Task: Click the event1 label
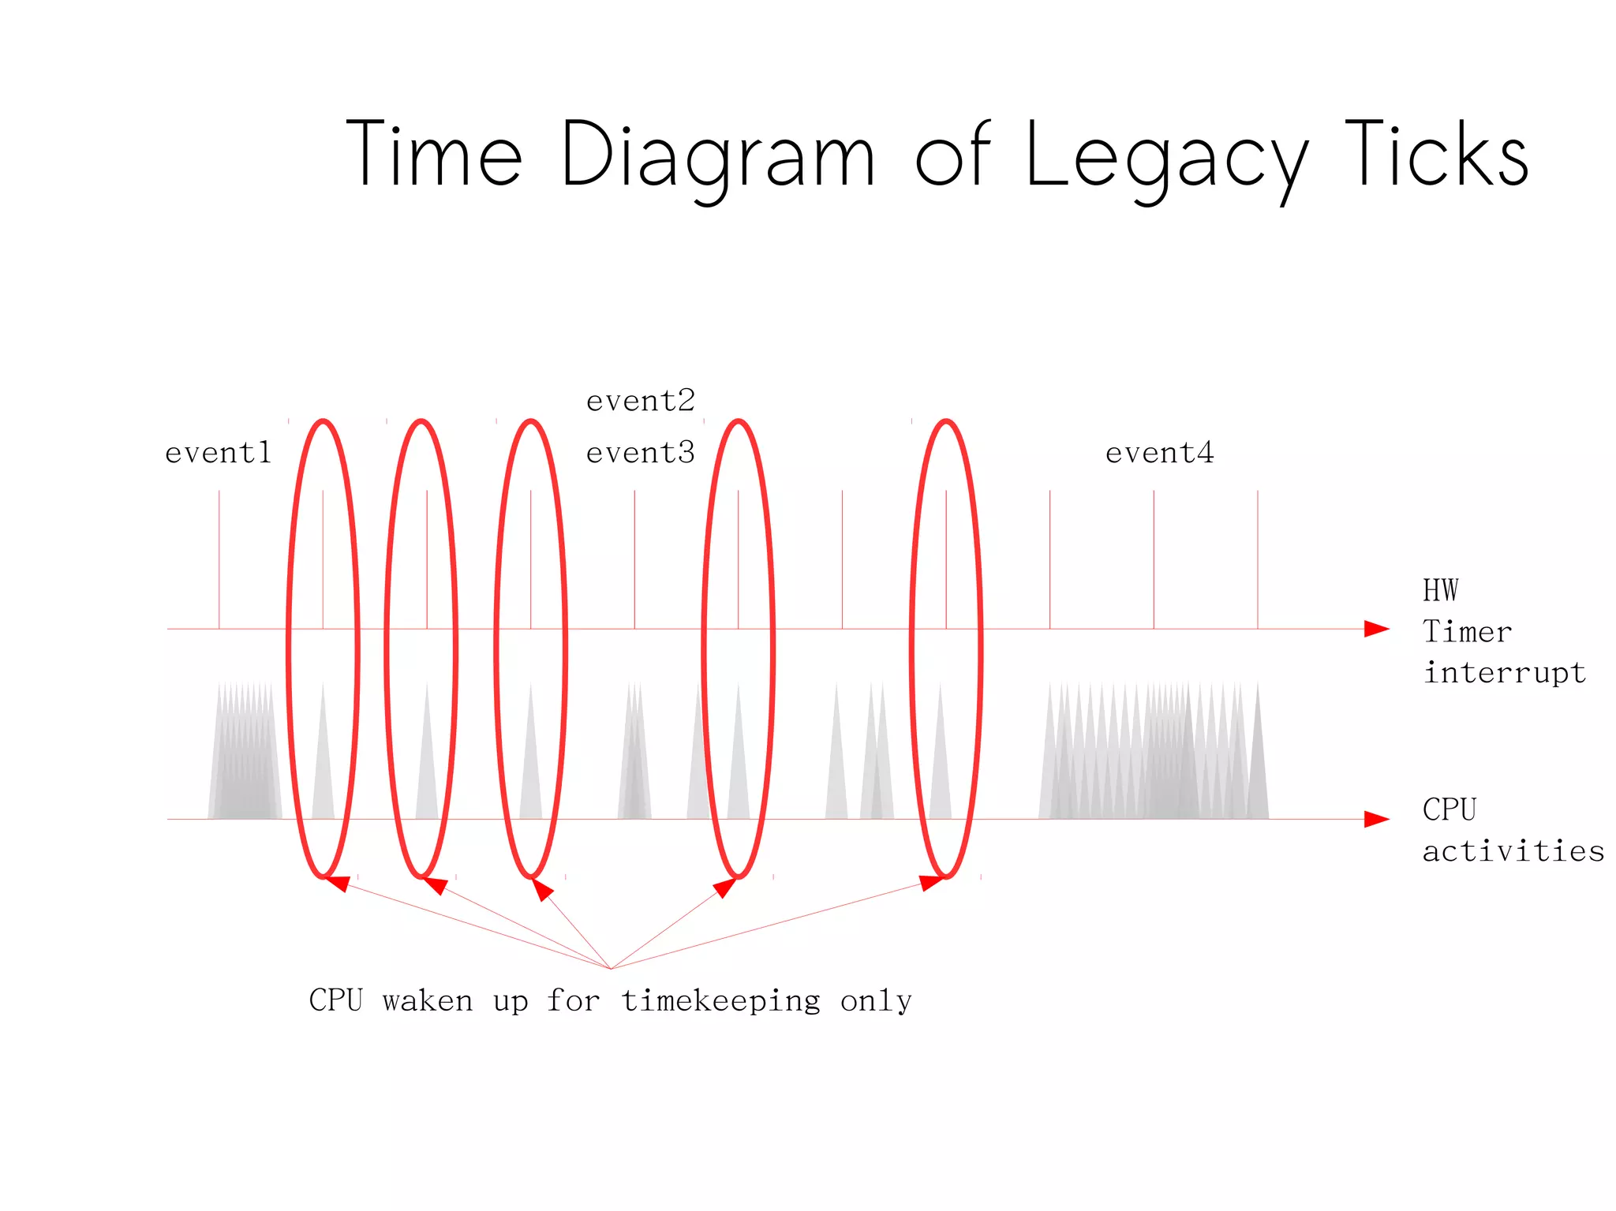click(x=219, y=453)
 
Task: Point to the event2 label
click(x=641, y=402)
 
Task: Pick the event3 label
click(x=641, y=453)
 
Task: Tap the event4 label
click(x=1159, y=453)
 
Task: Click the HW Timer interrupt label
click(x=1503, y=632)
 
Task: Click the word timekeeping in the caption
click(x=720, y=1001)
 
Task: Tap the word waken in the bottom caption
click(x=428, y=1001)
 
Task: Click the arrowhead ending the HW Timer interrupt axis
click(x=1376, y=629)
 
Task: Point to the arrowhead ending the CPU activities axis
click(x=1376, y=819)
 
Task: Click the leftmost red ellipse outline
click(x=289, y=647)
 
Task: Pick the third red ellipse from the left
click(x=496, y=647)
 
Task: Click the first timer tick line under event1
click(x=219, y=560)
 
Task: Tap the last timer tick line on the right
click(x=1258, y=560)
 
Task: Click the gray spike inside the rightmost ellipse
click(x=941, y=773)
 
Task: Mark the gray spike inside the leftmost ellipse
click(x=323, y=773)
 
